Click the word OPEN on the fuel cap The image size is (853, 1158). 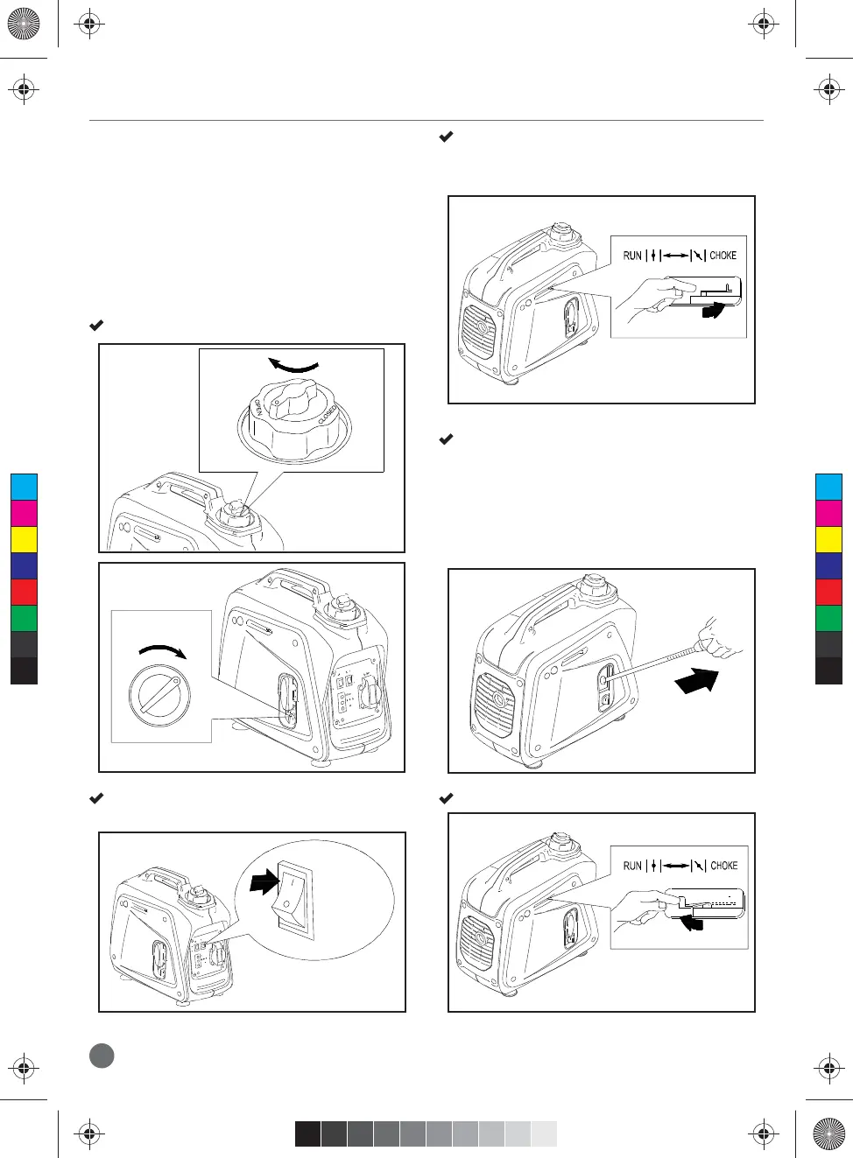pos(258,408)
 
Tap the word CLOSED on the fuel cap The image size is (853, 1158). pos(328,415)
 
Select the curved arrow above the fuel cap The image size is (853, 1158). pos(293,366)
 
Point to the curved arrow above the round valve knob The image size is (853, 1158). pos(163,651)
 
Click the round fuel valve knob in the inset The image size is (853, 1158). pos(159,696)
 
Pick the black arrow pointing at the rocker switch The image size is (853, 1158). pos(264,881)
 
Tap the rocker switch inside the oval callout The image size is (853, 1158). pos(293,900)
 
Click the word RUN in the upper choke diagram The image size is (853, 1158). pos(632,256)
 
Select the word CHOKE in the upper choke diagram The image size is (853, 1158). pos(723,256)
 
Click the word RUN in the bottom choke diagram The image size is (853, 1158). pos(632,866)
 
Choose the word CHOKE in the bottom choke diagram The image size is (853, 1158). pos(723,866)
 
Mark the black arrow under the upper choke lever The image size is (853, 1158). pos(712,310)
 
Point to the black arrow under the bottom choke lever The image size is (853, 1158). pos(691,922)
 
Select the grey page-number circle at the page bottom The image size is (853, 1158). pos(102,1055)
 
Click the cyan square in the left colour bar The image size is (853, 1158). pos(24,487)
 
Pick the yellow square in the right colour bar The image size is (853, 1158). pos(828,539)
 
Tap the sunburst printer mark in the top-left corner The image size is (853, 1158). pos(24,24)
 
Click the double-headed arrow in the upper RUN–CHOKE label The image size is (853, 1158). pos(675,256)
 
